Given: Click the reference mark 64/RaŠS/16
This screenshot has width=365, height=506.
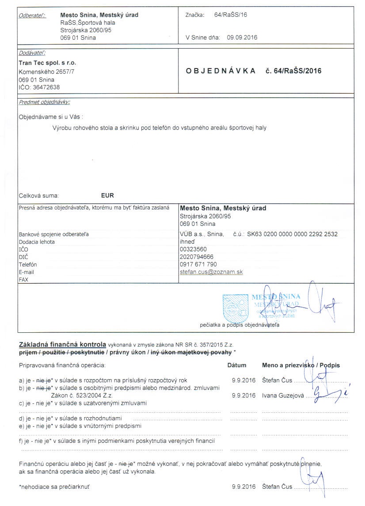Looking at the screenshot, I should point(230,15).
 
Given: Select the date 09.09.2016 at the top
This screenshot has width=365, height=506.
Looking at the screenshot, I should point(242,38).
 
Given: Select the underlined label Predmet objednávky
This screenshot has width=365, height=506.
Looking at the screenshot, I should point(44,102).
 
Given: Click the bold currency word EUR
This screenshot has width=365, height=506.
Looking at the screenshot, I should point(107,195).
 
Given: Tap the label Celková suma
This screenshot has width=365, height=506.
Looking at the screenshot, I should point(38,195).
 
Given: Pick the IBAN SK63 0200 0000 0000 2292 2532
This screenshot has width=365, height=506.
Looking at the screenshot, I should point(292,234).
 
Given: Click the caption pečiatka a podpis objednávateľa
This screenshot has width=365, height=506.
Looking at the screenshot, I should point(239,325).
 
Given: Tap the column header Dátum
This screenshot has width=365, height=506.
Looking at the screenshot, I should point(236,365).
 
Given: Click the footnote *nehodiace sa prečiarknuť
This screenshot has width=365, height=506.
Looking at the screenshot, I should point(56,487).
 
